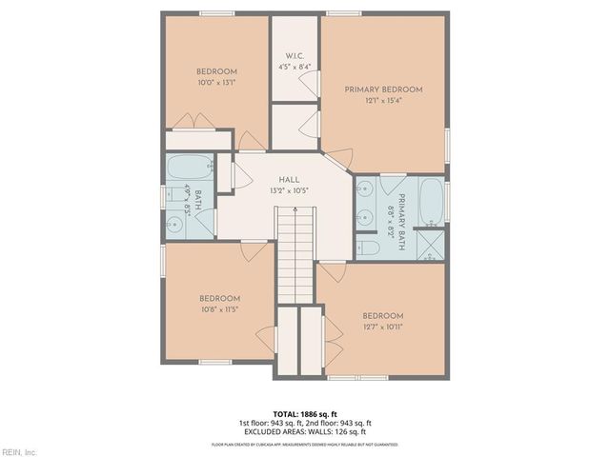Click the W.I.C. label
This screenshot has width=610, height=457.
(295, 54)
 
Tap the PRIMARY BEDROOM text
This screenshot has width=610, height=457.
(383, 89)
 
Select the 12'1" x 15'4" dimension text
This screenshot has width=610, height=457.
(383, 101)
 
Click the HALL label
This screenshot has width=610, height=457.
(291, 179)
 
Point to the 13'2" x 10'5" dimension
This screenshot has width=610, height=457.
(291, 190)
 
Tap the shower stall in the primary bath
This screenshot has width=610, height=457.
(431, 244)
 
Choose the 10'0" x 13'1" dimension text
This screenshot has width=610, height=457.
(217, 83)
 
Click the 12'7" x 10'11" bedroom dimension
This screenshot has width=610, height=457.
(382, 328)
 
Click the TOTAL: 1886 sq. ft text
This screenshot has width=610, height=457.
(306, 412)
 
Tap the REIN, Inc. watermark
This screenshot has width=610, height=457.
(19, 450)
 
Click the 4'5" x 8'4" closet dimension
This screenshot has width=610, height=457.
(295, 67)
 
